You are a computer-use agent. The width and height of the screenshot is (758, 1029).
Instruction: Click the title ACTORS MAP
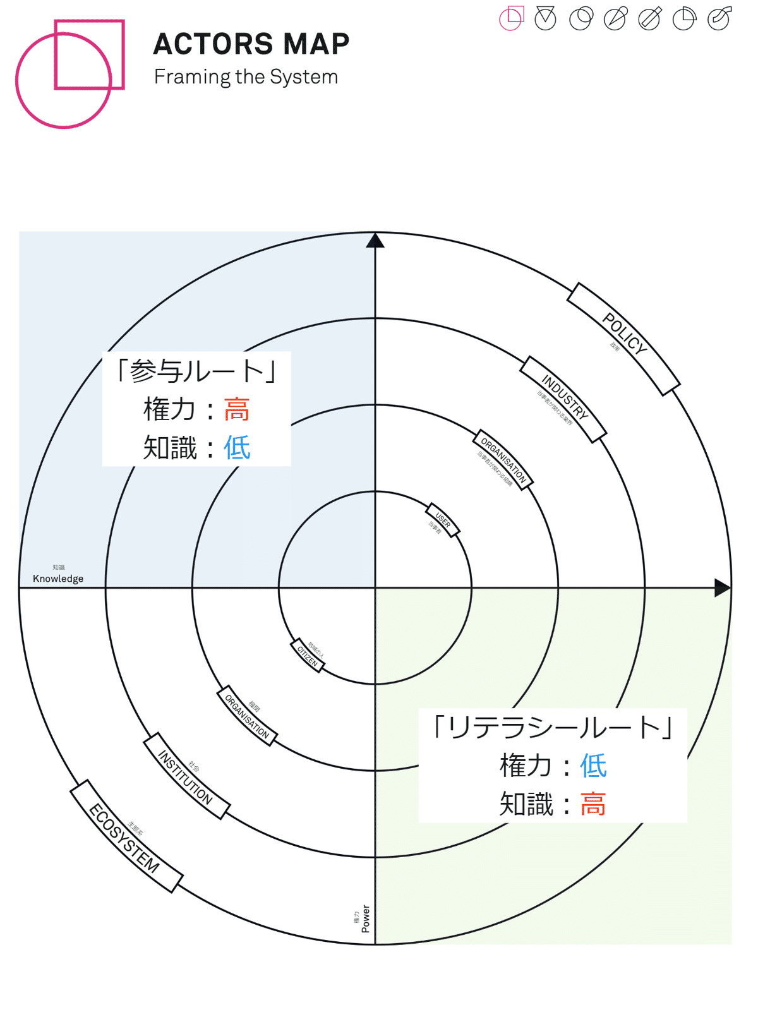(251, 44)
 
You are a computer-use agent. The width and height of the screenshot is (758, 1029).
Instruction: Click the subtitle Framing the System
(246, 77)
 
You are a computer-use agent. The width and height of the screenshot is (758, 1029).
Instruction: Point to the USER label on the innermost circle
(443, 520)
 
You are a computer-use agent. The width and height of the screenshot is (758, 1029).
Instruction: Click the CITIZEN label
(308, 656)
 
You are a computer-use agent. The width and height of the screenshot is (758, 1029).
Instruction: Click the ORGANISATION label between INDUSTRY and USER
(503, 460)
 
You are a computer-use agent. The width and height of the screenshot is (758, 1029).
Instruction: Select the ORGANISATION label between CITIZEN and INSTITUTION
(247, 716)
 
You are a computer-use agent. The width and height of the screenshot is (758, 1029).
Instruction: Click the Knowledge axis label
(58, 579)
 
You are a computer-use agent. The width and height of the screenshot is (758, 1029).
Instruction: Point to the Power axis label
(366, 918)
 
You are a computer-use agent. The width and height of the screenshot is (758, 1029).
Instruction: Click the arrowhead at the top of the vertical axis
(375, 241)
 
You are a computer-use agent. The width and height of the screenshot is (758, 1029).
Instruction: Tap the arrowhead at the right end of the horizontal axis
(722, 587)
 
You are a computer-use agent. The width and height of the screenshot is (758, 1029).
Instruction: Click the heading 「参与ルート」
(196, 371)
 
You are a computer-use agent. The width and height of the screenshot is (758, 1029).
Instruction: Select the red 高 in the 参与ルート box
(237, 409)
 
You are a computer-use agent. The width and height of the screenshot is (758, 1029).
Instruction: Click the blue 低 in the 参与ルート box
(237, 448)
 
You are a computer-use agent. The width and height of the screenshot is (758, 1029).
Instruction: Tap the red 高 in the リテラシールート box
(593, 804)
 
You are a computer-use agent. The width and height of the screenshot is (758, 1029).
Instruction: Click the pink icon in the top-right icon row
(512, 18)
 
